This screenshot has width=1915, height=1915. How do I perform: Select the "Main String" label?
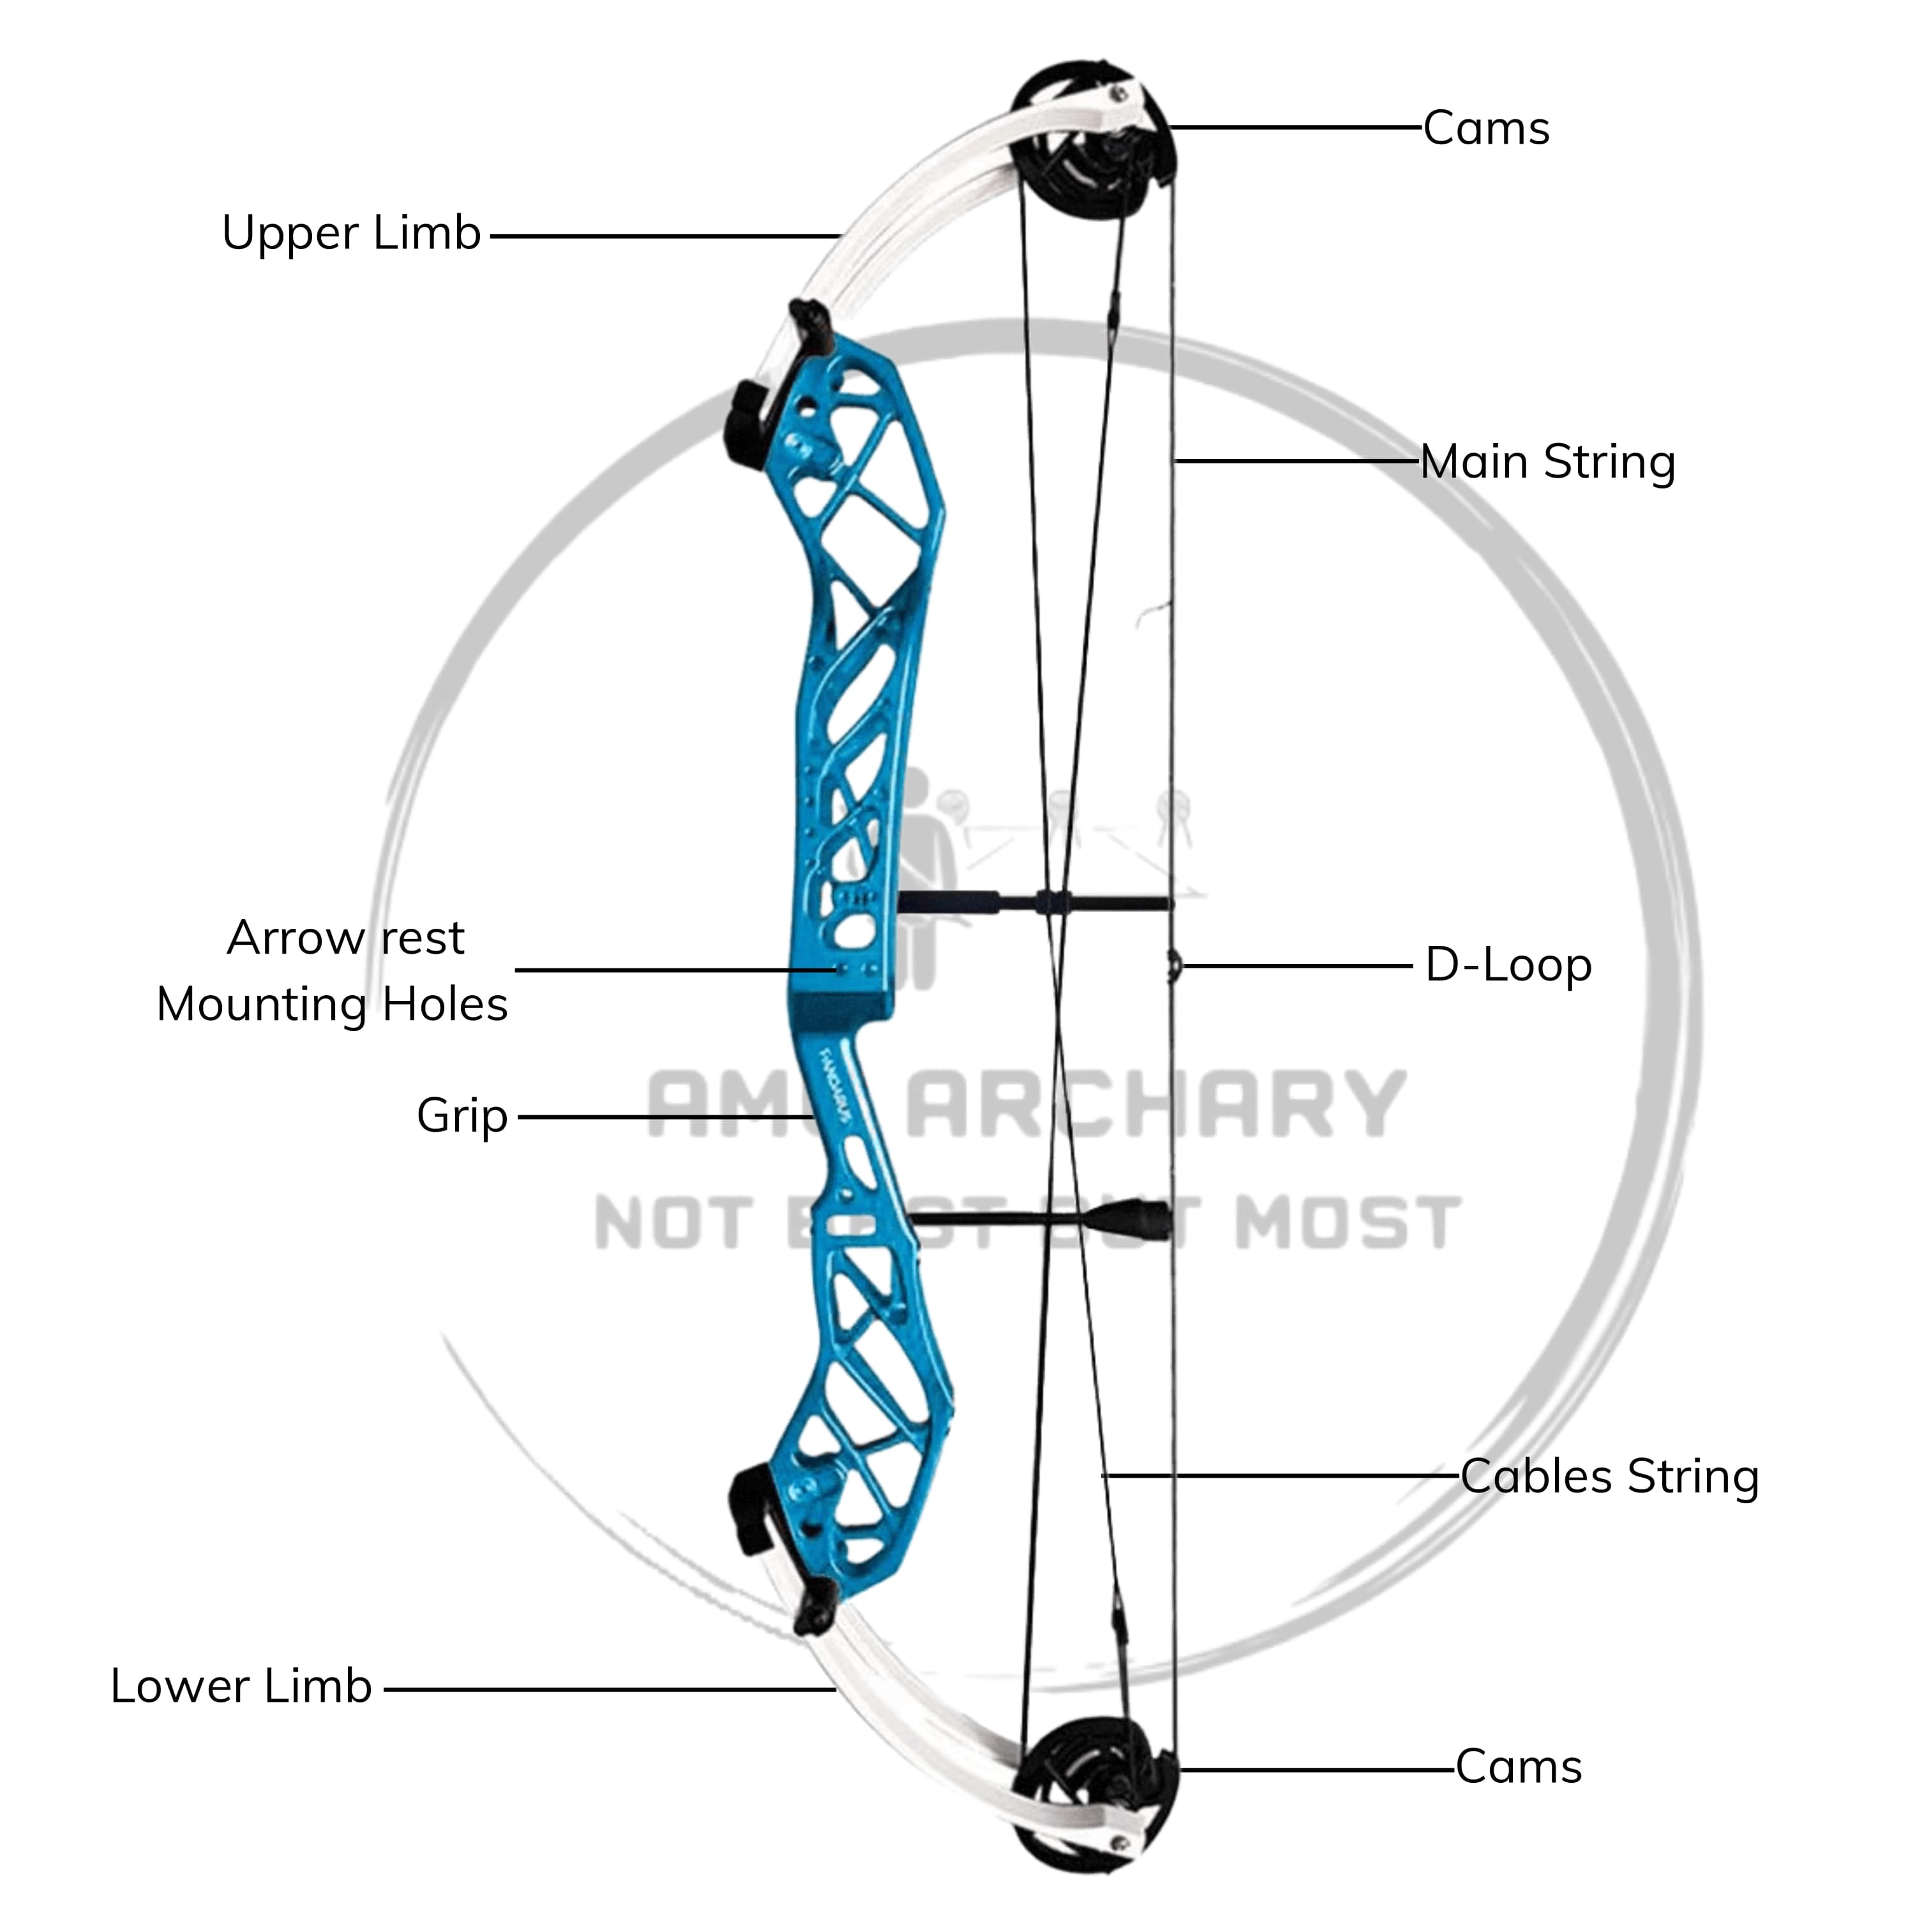pos(1547,462)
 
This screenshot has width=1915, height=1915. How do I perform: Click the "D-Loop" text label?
pos(1508,965)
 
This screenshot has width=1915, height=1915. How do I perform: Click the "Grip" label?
pos(462,1116)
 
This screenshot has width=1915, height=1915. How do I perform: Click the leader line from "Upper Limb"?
pos(664,237)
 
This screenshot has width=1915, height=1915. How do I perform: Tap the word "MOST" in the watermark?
pos(1348,1223)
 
